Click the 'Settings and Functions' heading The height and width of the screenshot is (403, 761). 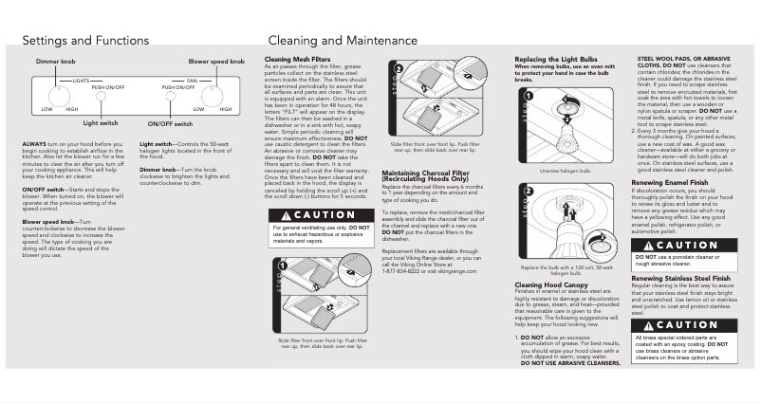85,41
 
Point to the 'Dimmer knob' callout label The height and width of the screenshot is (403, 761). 55,60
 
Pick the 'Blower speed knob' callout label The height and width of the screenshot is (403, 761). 217,60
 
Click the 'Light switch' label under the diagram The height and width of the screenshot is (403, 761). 101,122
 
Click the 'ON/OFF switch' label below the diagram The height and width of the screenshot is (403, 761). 171,123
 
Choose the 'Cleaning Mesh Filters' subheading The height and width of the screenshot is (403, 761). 297,58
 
